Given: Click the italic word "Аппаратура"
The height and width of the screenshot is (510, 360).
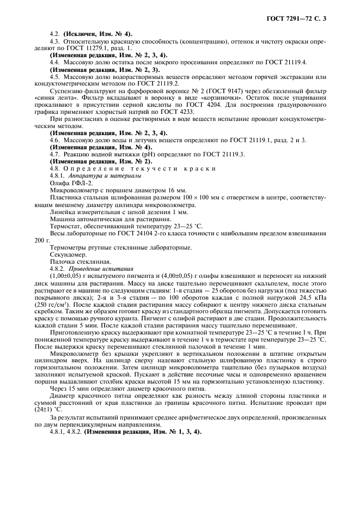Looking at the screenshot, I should point(86,176).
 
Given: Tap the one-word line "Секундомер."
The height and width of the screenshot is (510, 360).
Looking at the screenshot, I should point(68,254).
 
